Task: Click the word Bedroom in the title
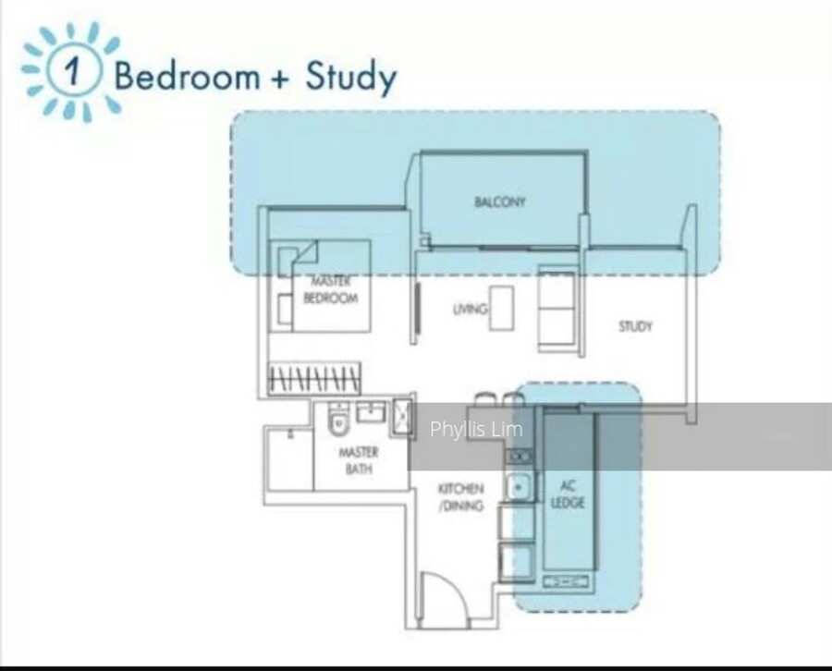tap(188, 75)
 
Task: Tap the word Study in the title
tap(350, 78)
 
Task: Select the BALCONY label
tap(500, 201)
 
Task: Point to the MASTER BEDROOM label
tap(330, 289)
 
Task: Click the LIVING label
tap(471, 309)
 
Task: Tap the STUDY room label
tap(635, 326)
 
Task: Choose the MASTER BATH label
tap(359, 460)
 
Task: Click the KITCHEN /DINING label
tap(460, 496)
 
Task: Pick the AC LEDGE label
tap(568, 494)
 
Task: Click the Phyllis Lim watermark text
tap(476, 429)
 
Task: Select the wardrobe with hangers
tap(314, 379)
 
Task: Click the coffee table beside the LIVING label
tap(501, 308)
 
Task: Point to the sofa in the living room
tap(557, 310)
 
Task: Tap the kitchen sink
tap(519, 486)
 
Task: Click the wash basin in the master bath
tap(371, 411)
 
